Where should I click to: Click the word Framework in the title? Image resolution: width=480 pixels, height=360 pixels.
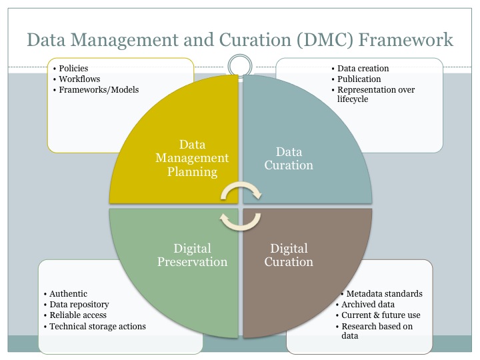405,40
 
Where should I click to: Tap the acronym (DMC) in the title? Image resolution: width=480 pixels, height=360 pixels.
325,40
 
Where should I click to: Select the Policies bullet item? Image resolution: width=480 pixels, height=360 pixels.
73,68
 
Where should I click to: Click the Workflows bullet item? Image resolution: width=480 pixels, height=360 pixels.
79,79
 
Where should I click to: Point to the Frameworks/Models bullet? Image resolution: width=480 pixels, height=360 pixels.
99,90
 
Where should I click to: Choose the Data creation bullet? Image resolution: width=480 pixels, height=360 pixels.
363,68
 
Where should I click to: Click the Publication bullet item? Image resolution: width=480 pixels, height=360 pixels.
359,79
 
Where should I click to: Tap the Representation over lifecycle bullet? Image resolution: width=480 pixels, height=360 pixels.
376,94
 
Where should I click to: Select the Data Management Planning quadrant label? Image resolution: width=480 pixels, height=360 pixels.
192,158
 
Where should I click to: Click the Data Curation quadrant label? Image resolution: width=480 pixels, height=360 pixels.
289,159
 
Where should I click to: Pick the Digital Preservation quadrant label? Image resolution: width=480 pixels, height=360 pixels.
192,255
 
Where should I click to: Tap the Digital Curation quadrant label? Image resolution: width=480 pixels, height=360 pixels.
289,255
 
